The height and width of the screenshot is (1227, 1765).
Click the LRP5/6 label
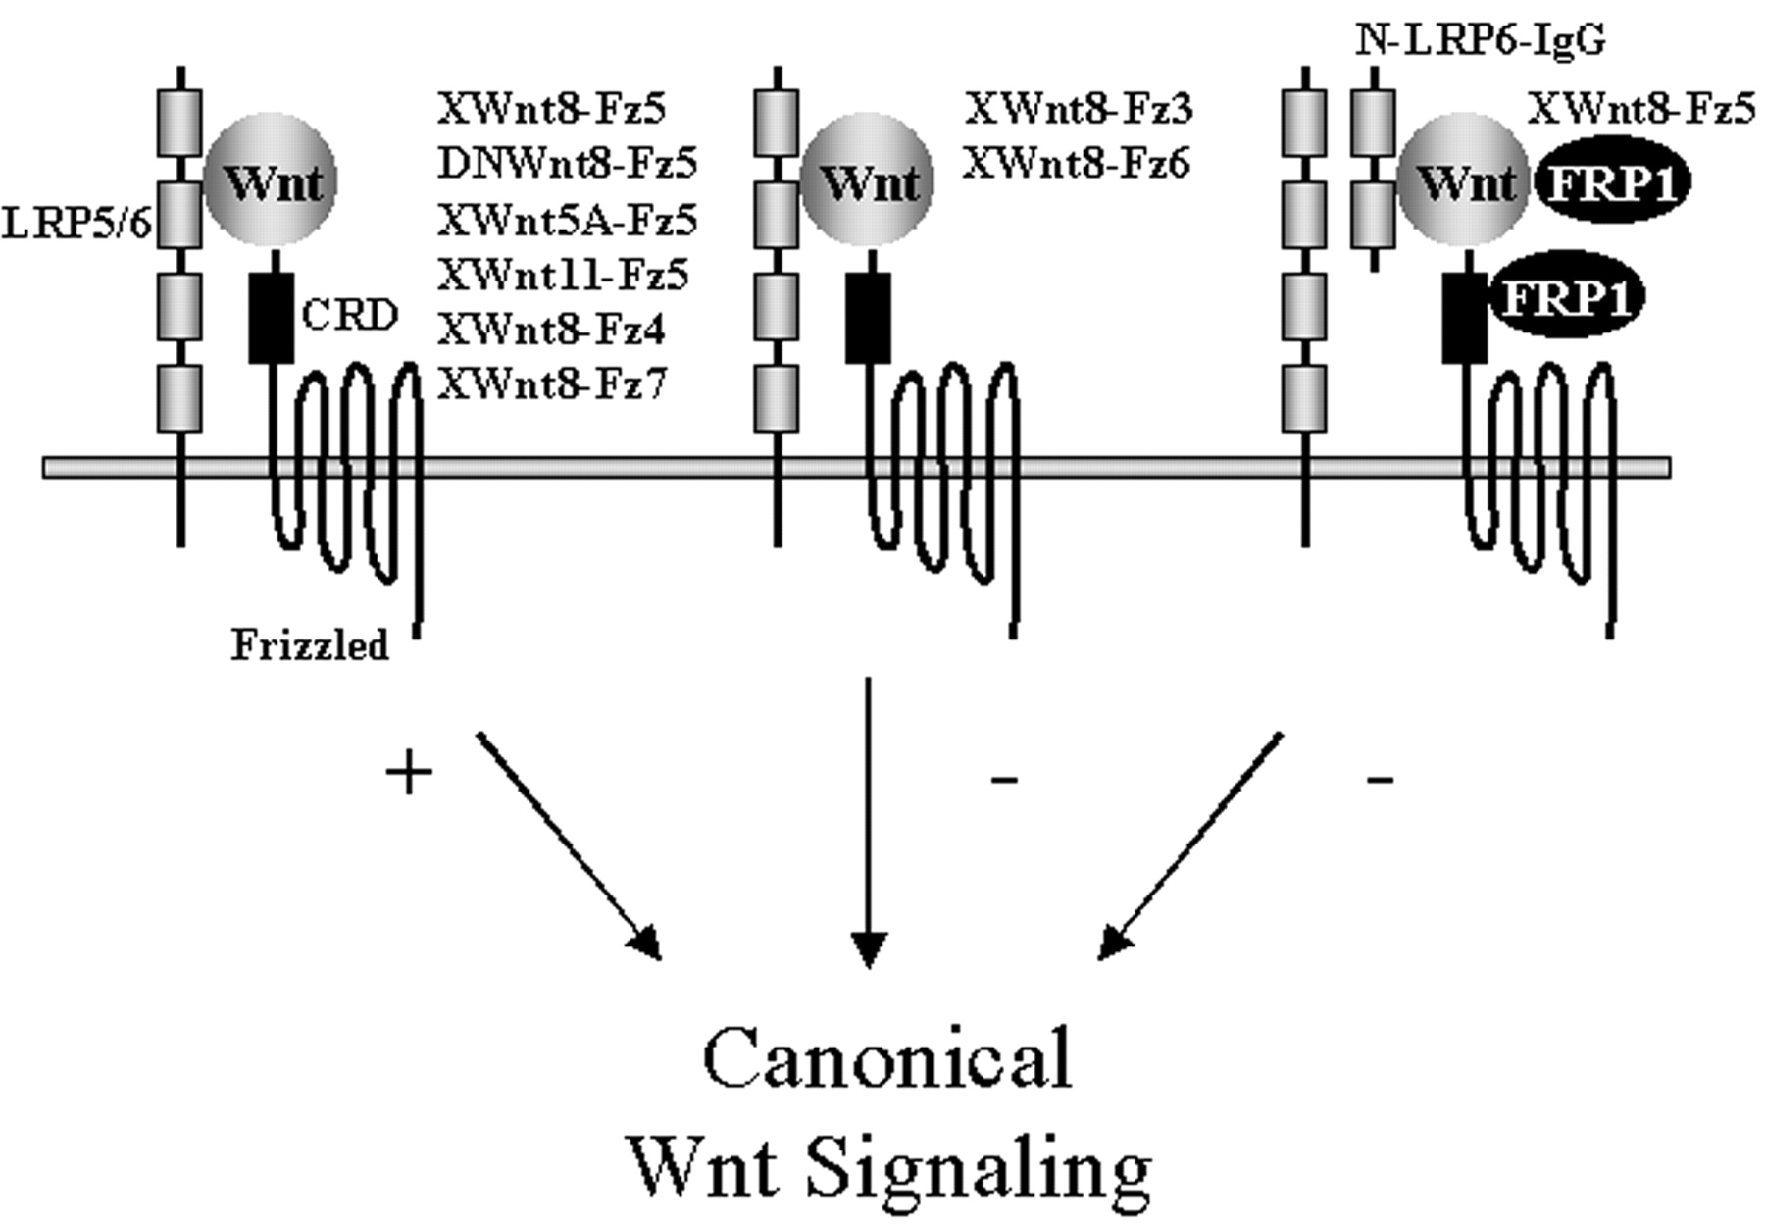pyautogui.click(x=76, y=225)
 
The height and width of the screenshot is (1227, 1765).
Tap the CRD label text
pyautogui.click(x=349, y=316)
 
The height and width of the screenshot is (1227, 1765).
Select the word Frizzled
pyautogui.click(x=310, y=645)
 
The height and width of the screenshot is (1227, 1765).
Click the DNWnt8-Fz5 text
pyautogui.click(x=567, y=164)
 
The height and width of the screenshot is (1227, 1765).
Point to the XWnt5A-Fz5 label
pyautogui.click(x=567, y=221)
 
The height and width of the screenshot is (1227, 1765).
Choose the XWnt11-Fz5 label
pyautogui.click(x=563, y=276)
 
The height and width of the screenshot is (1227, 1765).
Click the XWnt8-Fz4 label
pyautogui.click(x=551, y=331)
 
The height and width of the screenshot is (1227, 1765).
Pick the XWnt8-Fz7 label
pyautogui.click(x=551, y=384)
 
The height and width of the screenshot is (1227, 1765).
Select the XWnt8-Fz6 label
pyautogui.click(x=1077, y=164)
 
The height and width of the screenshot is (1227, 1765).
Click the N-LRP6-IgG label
pyautogui.click(x=1481, y=41)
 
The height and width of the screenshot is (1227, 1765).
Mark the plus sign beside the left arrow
pyautogui.click(x=409, y=775)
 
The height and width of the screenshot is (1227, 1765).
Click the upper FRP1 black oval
pyautogui.click(x=1612, y=182)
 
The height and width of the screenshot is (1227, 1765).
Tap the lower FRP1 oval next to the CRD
pyautogui.click(x=1566, y=297)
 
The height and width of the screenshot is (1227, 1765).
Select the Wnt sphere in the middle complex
pyautogui.click(x=867, y=181)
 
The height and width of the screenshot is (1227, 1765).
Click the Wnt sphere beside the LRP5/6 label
pyautogui.click(x=271, y=181)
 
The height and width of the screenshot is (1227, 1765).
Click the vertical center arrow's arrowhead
pyautogui.click(x=869, y=947)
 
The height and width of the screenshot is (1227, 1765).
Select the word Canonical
pyautogui.click(x=887, y=1059)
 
